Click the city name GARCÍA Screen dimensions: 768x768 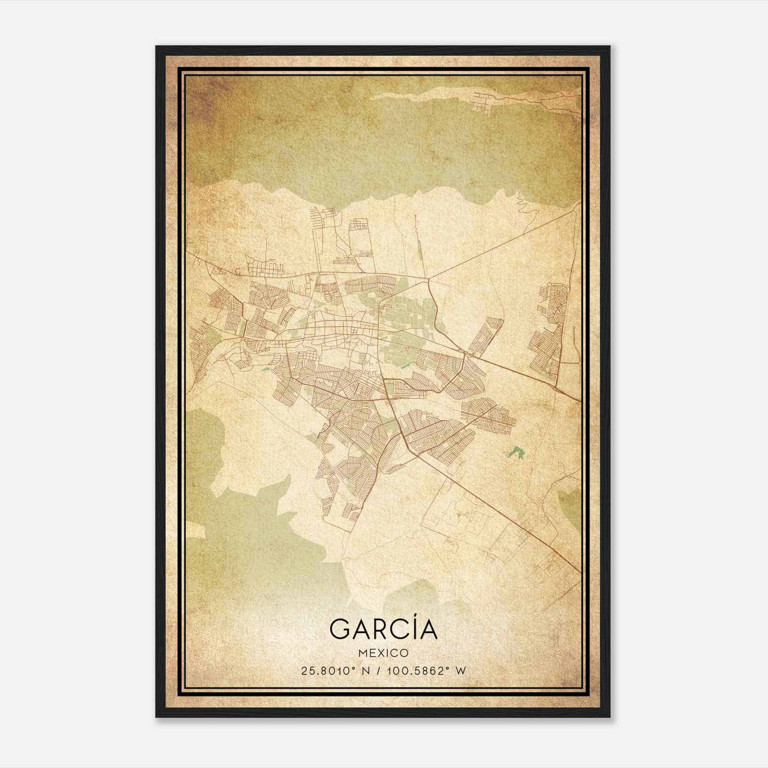pyautogui.click(x=384, y=629)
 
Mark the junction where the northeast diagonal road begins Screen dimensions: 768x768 pyautogui.click(x=428, y=278)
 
